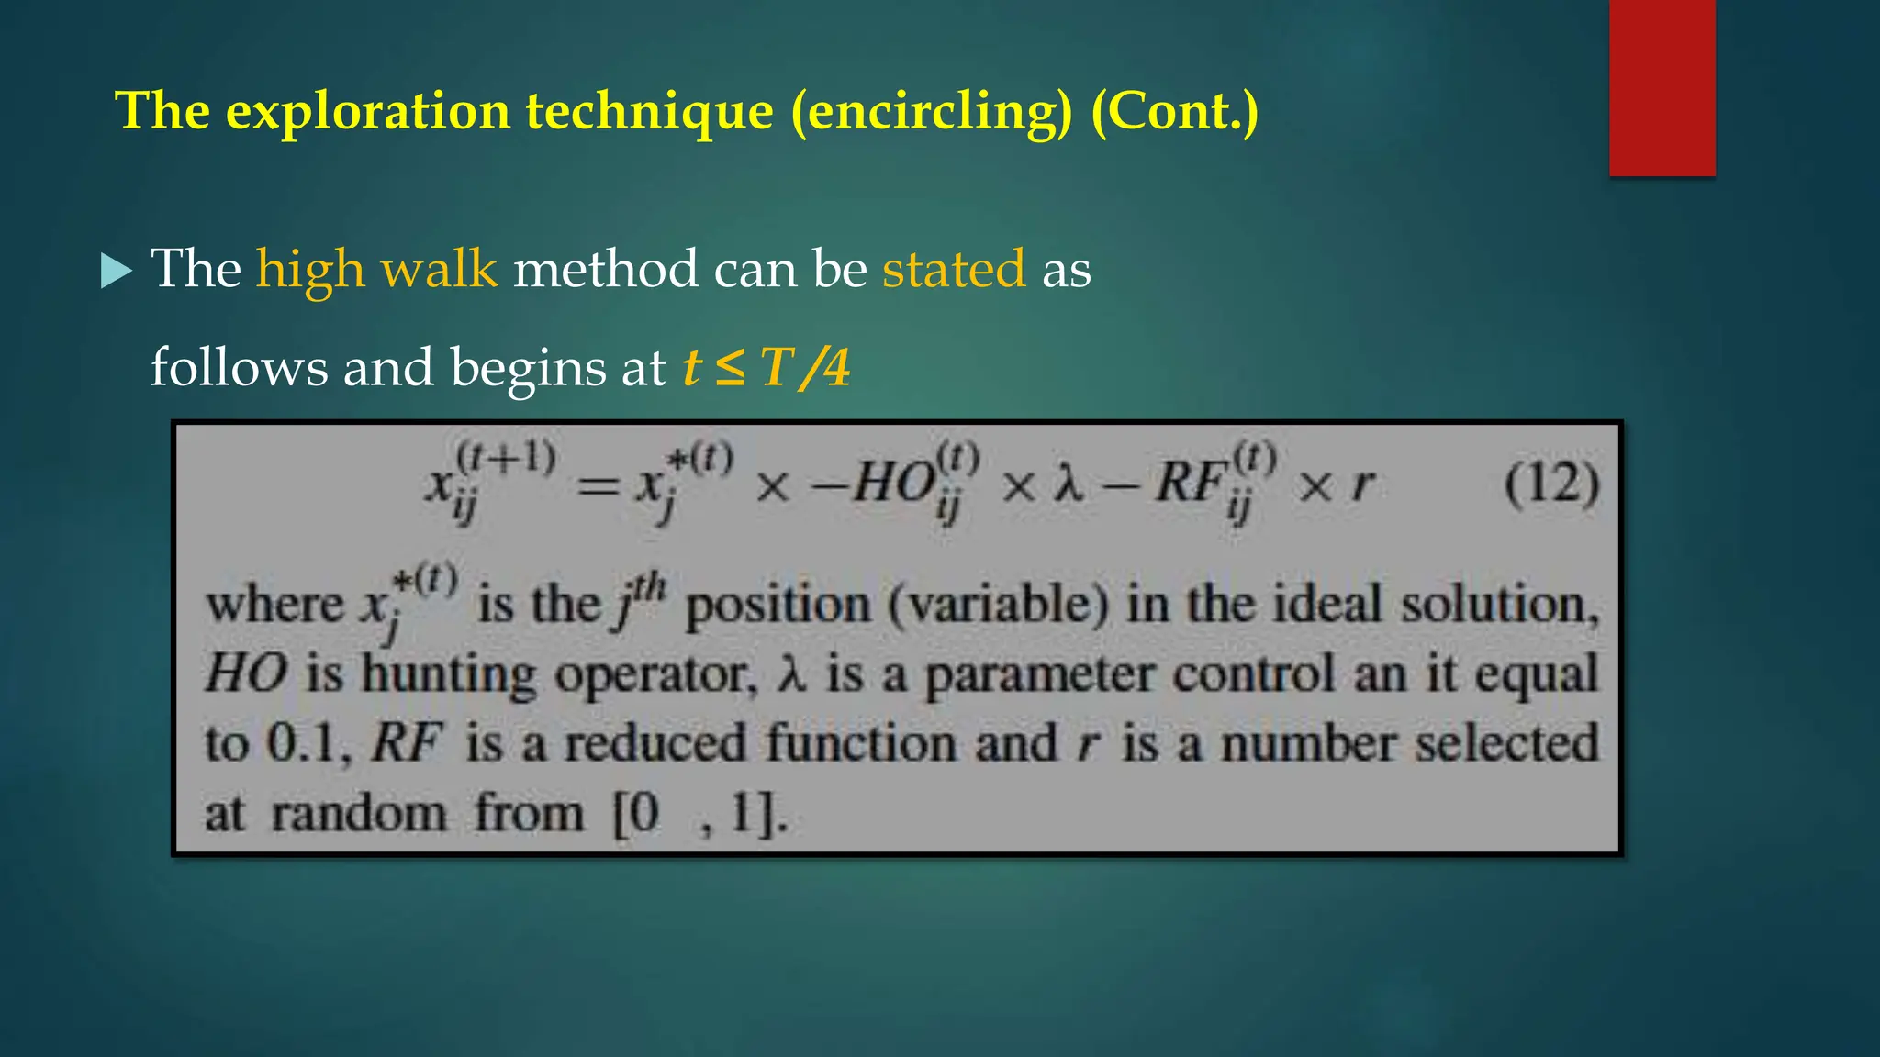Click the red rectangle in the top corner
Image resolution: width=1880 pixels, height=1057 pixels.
tap(1662, 88)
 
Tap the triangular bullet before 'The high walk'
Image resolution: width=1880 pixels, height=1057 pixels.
tap(116, 271)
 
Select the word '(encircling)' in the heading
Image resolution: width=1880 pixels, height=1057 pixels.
tap(931, 112)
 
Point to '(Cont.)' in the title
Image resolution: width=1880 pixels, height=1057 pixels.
tap(1174, 112)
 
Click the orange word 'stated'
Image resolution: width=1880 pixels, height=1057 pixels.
tap(953, 270)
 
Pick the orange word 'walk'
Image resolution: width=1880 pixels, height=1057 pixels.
tap(439, 270)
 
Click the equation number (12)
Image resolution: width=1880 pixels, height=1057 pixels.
tap(1551, 484)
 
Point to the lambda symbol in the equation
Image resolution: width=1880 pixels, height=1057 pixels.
tap(1068, 484)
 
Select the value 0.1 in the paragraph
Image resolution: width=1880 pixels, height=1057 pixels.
tap(302, 743)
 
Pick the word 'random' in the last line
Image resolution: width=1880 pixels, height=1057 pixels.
tap(359, 814)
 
